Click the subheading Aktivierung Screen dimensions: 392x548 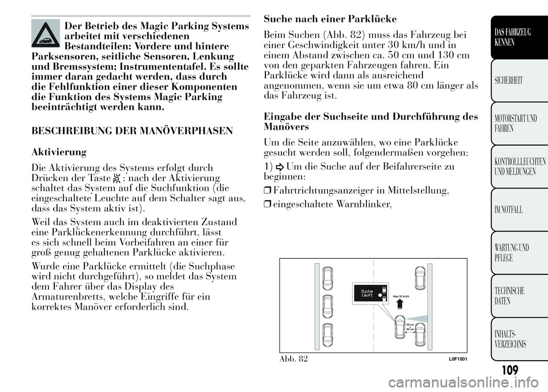pos(59,152)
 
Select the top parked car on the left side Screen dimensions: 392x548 pos(328,277)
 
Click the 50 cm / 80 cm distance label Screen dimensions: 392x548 pos(410,326)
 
